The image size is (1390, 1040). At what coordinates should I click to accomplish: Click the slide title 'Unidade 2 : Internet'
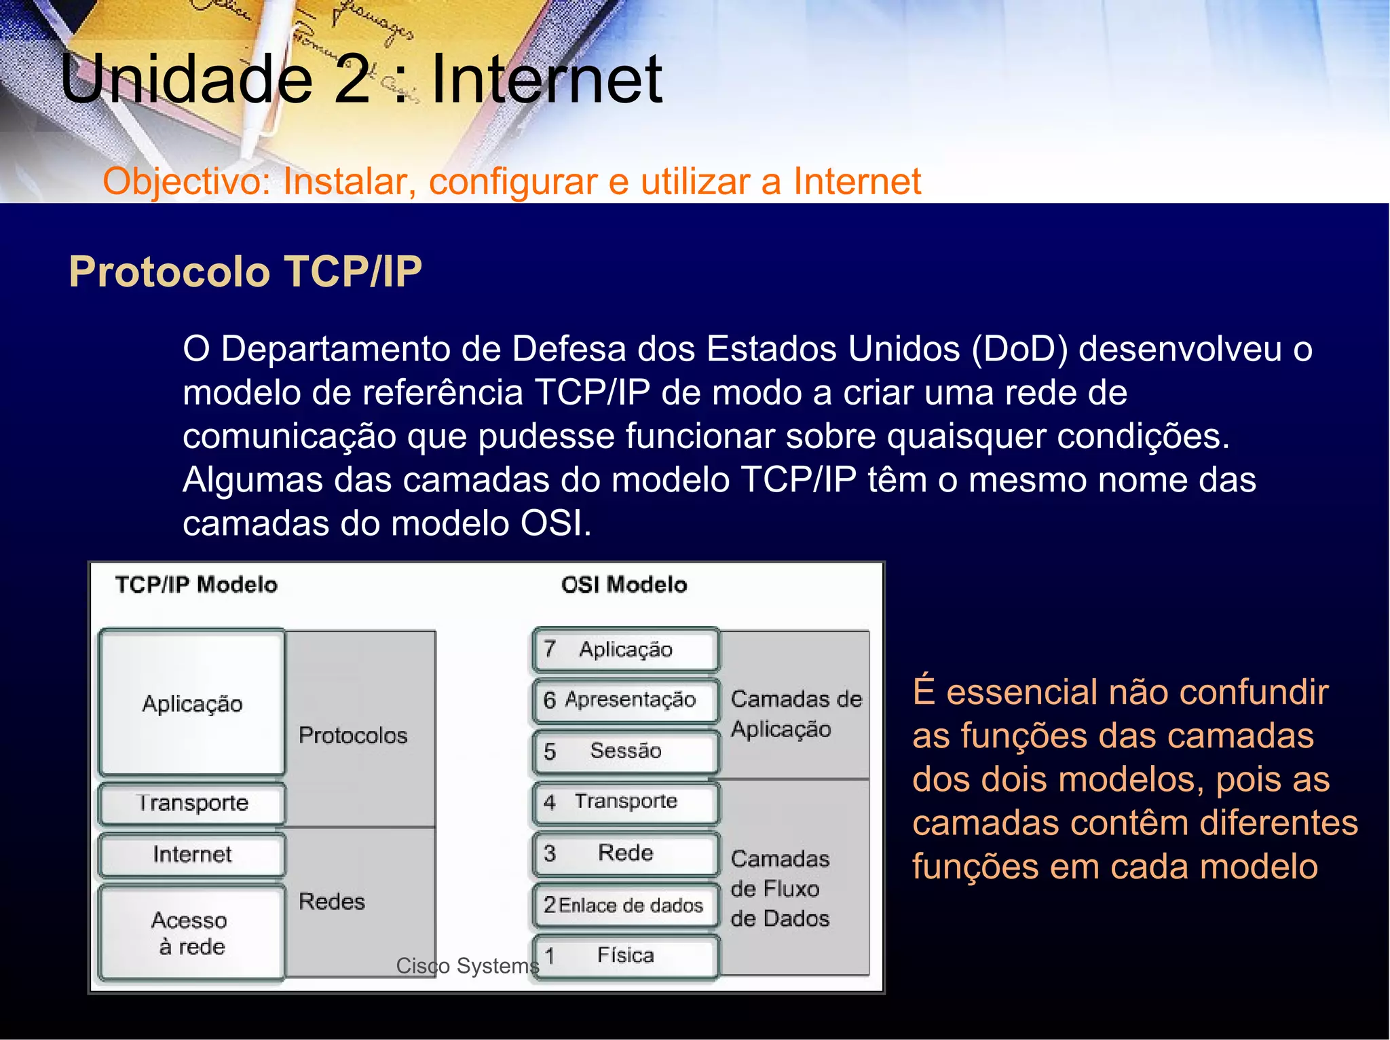[361, 80]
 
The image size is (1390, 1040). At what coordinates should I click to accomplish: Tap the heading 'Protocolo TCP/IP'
[245, 272]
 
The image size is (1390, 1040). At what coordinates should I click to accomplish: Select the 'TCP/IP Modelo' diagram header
[196, 584]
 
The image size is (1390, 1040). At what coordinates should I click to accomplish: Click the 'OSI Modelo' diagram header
[624, 584]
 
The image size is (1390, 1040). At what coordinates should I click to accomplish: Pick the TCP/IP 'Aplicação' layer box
[192, 703]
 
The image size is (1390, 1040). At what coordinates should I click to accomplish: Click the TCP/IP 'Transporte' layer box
[192, 803]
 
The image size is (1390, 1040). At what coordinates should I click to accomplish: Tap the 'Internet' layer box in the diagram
[192, 854]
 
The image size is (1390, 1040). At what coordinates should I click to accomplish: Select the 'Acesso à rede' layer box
[191, 933]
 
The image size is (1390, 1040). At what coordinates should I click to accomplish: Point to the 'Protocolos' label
[353, 735]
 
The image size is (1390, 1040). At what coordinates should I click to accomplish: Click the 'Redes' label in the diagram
[332, 902]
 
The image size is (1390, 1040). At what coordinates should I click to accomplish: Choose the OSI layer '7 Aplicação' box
[624, 650]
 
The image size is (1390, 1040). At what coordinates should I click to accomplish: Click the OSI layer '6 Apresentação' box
[624, 700]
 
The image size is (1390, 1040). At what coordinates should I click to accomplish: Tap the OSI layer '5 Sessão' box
[624, 751]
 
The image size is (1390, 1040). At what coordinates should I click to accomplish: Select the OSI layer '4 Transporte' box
[624, 802]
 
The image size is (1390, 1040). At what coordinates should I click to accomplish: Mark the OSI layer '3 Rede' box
[624, 853]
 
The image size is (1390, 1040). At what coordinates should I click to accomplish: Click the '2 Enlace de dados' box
[624, 905]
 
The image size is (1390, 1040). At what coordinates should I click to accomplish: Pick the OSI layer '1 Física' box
[624, 956]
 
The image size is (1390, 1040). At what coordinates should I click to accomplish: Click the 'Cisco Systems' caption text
[468, 965]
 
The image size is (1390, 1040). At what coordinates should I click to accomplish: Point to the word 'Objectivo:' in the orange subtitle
[187, 182]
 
